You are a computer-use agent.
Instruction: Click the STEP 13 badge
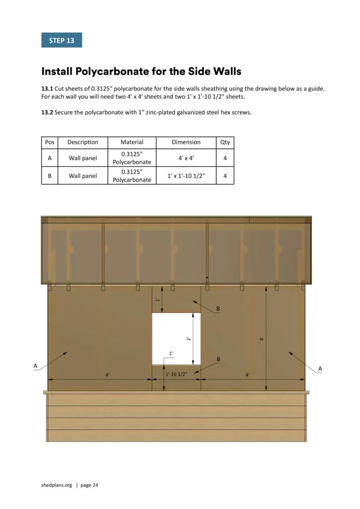pyautogui.click(x=61, y=40)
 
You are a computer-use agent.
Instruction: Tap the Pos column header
pyautogui.click(x=50, y=142)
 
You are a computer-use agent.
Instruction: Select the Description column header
pyautogui.click(x=83, y=142)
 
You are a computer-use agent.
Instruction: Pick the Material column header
pyautogui.click(x=132, y=142)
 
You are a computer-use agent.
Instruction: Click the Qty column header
pyautogui.click(x=225, y=142)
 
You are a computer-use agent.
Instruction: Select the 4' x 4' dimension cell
pyautogui.click(x=186, y=158)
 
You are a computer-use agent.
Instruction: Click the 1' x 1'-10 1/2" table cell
pyautogui.click(x=186, y=175)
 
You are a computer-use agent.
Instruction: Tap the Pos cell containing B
pyautogui.click(x=50, y=175)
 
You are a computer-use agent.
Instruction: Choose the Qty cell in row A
pyautogui.click(x=225, y=158)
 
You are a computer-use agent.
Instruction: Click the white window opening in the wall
pyautogui.click(x=176, y=338)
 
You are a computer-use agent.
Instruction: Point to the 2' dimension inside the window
pyautogui.click(x=188, y=339)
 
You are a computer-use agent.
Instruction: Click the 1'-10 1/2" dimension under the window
pyautogui.click(x=176, y=374)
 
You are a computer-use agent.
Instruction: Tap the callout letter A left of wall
pyautogui.click(x=35, y=366)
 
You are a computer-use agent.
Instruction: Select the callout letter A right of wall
pyautogui.click(x=320, y=368)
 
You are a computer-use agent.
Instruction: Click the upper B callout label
pyautogui.click(x=218, y=309)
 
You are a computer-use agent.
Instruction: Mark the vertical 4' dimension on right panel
pyautogui.click(x=262, y=339)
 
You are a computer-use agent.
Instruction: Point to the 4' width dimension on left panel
pyautogui.click(x=107, y=375)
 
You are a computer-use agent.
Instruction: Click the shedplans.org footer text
pyautogui.click(x=57, y=485)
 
